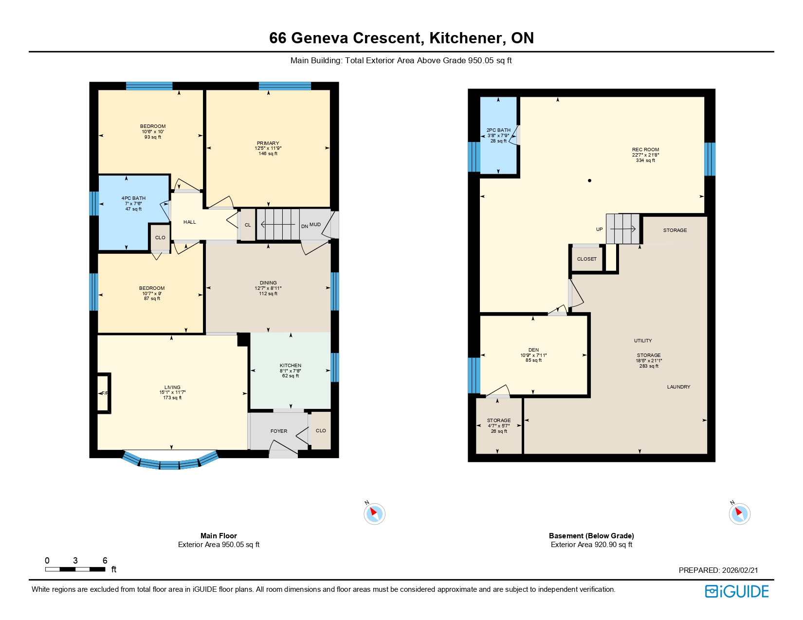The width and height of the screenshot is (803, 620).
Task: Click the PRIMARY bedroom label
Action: (268, 143)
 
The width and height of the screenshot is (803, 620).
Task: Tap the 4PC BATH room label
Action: (133, 198)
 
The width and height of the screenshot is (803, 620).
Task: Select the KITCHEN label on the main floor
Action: (291, 366)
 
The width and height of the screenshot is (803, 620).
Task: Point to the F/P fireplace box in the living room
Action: (104, 393)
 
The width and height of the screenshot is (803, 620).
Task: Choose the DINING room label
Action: (268, 283)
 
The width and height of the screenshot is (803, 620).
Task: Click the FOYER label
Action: (279, 431)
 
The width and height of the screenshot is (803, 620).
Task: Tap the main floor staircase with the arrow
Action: (278, 225)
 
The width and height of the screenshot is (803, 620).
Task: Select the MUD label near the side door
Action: (315, 225)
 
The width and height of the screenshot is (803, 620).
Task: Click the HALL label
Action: (190, 222)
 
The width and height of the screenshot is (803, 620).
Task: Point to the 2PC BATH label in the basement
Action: (499, 130)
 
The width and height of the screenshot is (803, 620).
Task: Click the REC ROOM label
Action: (645, 150)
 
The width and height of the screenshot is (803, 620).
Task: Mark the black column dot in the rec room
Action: (589, 181)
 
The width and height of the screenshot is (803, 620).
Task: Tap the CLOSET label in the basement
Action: (587, 259)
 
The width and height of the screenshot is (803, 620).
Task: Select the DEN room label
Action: (533, 350)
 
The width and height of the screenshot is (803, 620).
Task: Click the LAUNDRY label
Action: (678, 387)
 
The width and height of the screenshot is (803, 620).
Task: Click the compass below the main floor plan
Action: (374, 514)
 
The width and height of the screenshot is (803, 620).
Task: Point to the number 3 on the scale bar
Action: (75, 561)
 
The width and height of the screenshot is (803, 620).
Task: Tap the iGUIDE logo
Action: (737, 591)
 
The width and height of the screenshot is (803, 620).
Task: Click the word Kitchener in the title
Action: (466, 38)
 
